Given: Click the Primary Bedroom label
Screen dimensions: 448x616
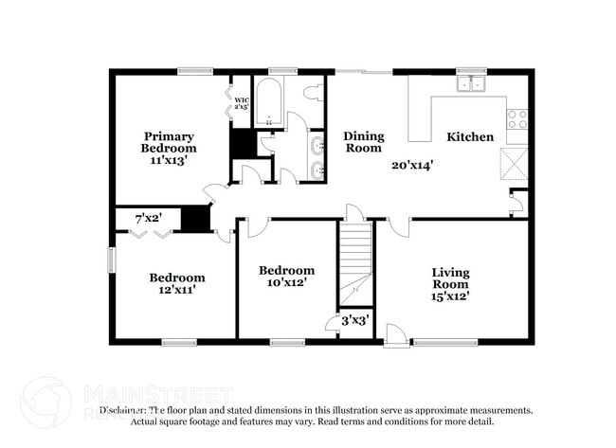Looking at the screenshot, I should click(x=169, y=142).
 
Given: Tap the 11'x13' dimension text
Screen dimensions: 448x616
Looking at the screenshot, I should click(x=169, y=160).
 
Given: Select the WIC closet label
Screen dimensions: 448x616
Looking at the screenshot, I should click(x=242, y=103).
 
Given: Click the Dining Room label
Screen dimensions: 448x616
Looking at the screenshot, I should click(x=363, y=142).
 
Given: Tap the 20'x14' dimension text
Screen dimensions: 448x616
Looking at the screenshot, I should click(x=412, y=164).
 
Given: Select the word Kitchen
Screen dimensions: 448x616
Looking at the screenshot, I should click(x=470, y=137).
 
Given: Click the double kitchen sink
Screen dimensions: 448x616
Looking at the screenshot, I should click(x=469, y=84).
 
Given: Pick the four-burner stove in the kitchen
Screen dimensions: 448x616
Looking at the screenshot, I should click(x=517, y=119).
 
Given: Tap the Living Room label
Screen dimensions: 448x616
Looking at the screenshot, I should click(x=450, y=278).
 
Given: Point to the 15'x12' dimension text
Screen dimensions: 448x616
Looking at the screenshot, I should click(x=450, y=296).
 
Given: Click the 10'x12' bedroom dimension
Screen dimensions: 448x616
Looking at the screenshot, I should click(x=286, y=281).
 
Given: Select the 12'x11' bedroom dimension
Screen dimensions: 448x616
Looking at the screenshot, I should click(x=176, y=290).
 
